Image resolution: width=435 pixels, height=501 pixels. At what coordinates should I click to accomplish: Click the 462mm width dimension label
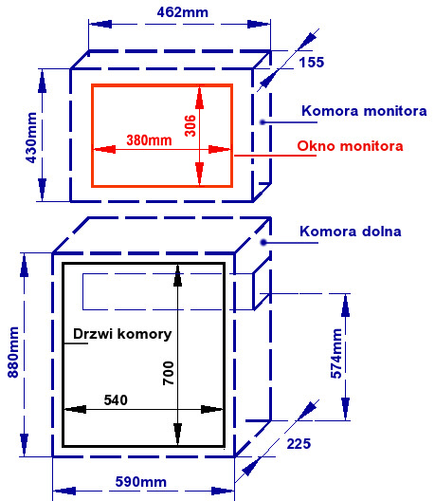tap(183, 12)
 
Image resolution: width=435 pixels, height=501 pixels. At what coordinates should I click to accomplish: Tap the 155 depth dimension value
tap(312, 62)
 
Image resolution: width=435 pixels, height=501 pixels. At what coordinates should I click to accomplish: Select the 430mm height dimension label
tap(31, 138)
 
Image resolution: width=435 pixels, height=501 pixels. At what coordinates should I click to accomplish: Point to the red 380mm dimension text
tap(149, 139)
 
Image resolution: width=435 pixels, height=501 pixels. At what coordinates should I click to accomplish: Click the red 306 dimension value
tap(190, 125)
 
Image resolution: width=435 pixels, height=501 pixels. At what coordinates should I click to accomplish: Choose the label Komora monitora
tap(364, 111)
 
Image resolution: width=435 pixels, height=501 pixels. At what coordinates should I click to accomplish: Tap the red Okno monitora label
tap(350, 146)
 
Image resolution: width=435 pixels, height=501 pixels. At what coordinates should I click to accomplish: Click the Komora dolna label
tap(351, 232)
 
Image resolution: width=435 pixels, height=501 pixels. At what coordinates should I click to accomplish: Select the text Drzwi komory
tap(122, 334)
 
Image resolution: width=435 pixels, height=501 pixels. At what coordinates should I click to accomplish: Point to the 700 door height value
tap(168, 373)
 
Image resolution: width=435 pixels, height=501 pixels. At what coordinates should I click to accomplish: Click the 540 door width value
tap(116, 400)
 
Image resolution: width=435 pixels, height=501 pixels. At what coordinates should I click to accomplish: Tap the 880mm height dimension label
tap(13, 352)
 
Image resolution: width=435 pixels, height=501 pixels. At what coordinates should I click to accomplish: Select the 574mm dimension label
tap(336, 353)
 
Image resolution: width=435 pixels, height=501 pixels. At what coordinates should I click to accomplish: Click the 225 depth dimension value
tap(299, 444)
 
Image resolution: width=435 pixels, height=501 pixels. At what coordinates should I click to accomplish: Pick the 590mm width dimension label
tap(141, 482)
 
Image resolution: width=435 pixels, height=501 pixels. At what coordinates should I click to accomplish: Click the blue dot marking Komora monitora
tap(263, 122)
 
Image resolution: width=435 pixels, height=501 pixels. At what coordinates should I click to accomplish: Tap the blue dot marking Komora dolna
tap(263, 243)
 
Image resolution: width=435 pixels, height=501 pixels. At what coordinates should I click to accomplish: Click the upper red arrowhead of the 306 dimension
tap(199, 98)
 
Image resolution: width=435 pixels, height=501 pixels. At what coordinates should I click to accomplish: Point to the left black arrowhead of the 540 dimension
tap(75, 409)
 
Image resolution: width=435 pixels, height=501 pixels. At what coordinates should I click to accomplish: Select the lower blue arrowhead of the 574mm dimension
tap(345, 408)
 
